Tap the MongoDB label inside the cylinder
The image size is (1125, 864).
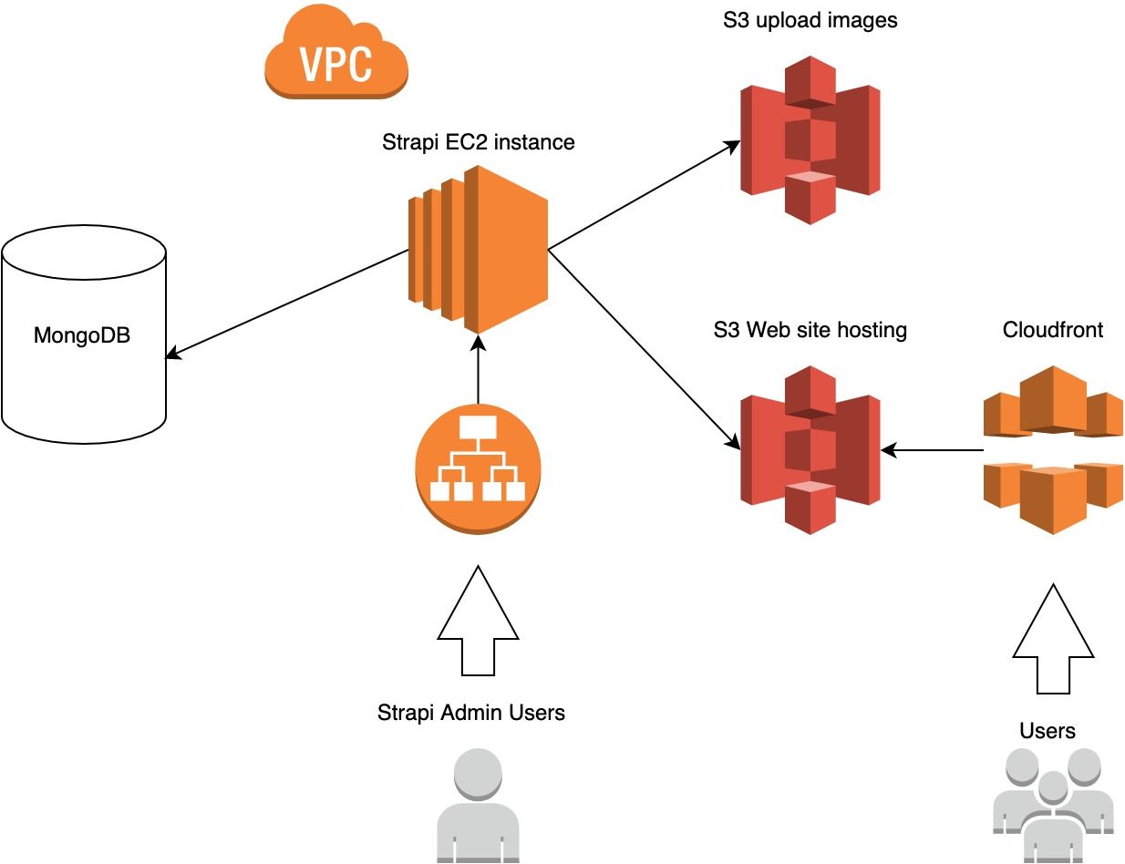pyautogui.click(x=82, y=335)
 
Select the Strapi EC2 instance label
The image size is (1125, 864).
pyautogui.click(x=479, y=142)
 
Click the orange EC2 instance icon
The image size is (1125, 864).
pyautogui.click(x=478, y=249)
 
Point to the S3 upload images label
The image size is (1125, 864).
pyautogui.click(x=810, y=20)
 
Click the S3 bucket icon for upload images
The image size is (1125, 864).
pyautogui.click(x=810, y=139)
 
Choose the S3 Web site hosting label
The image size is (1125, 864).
pyautogui.click(x=810, y=329)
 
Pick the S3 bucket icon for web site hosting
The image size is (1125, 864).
pyautogui.click(x=810, y=449)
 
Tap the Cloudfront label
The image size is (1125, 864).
pyautogui.click(x=1052, y=329)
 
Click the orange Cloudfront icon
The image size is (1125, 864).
pyautogui.click(x=1053, y=449)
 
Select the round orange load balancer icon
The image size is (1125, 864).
pyautogui.click(x=478, y=467)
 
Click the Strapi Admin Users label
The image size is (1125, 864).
pyautogui.click(x=471, y=712)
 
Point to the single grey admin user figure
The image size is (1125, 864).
pyautogui.click(x=478, y=807)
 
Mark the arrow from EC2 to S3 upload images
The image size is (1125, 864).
pyautogui.click(x=643, y=194)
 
